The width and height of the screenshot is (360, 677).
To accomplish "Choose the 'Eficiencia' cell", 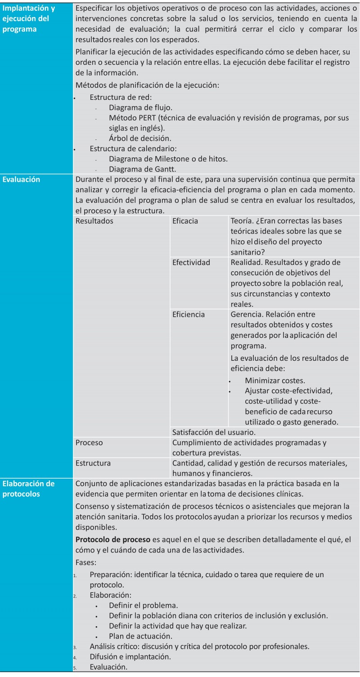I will coord(189,314).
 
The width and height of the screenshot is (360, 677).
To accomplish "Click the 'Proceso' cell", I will coord(90,443).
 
